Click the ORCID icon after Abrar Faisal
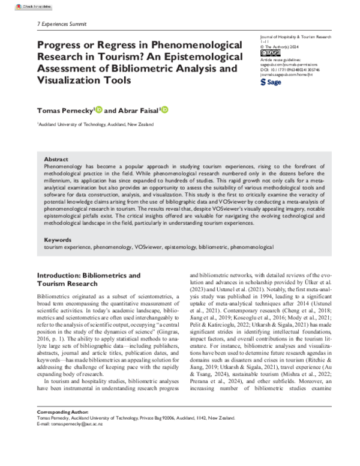(164, 110)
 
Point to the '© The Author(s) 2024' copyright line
(281, 46)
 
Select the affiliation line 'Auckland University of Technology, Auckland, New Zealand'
(96, 124)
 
